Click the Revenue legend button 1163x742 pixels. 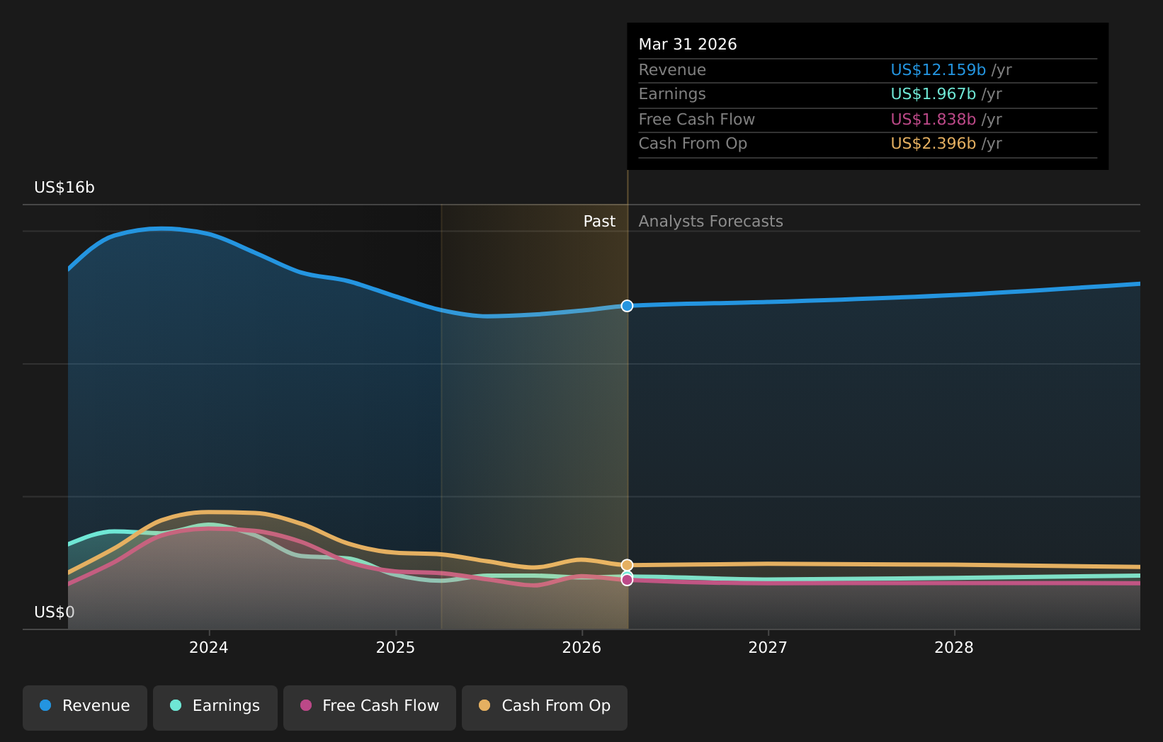84,708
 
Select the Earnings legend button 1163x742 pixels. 215,708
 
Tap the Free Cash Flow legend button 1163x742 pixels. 369,708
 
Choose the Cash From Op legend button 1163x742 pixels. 544,708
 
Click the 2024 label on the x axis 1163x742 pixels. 209,648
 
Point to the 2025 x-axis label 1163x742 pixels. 396,648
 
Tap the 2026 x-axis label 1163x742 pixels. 581,648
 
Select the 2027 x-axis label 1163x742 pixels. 768,648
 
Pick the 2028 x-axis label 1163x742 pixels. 954,648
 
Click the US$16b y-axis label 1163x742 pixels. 64,188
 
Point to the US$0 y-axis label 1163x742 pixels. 55,612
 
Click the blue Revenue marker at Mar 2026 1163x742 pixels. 628,306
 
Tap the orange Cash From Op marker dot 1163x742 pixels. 628,565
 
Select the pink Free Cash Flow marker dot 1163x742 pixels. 628,580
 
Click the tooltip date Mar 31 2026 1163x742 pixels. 688,44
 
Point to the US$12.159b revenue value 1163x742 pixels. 938,69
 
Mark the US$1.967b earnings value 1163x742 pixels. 934,94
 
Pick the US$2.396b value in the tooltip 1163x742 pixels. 934,143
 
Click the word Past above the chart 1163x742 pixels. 599,222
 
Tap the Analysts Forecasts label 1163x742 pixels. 711,222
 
